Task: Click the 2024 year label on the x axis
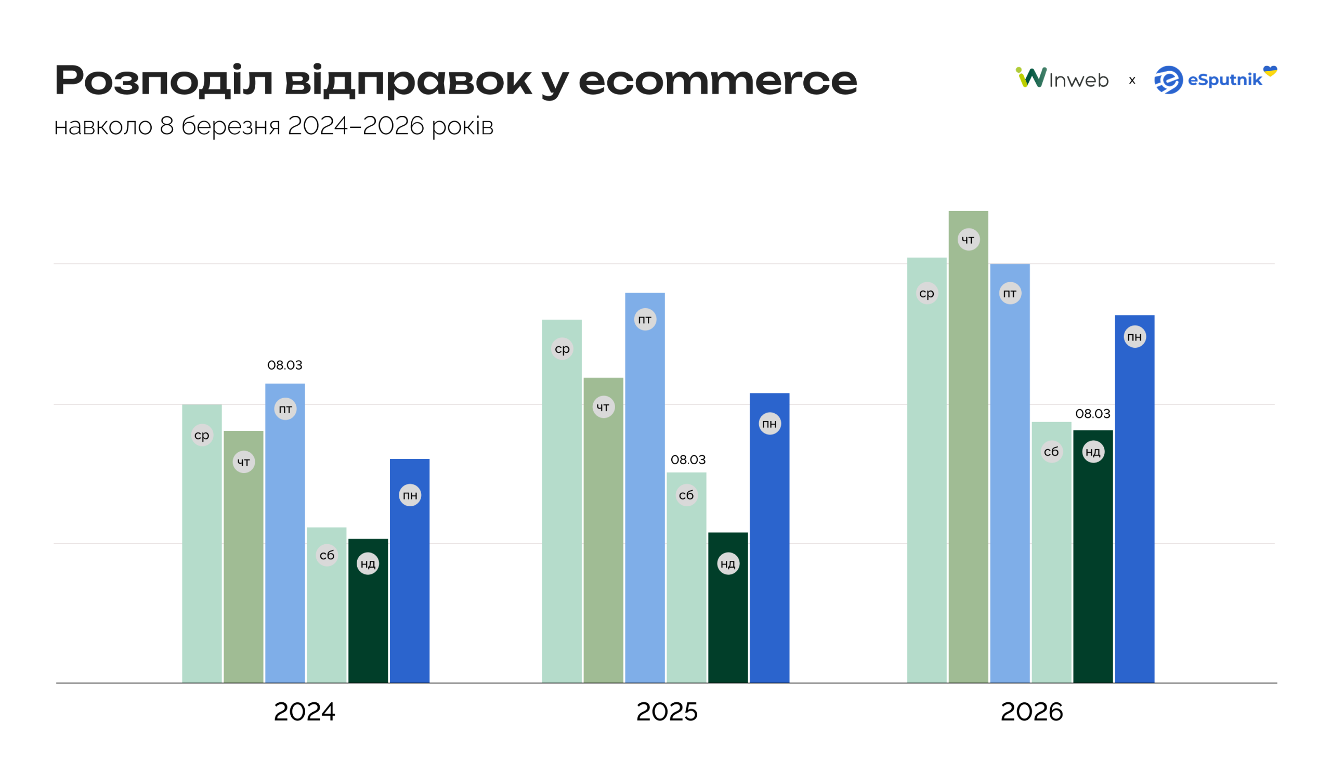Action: pos(304,712)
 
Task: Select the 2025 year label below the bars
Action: pos(667,712)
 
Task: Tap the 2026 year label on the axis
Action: pos(1031,712)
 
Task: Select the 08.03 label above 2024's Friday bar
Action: pos(285,365)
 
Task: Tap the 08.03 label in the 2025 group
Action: pos(688,460)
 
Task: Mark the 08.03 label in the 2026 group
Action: pos(1092,414)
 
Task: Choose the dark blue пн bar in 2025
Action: pos(769,549)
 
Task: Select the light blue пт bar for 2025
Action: pos(644,497)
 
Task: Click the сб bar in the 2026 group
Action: pos(1051,565)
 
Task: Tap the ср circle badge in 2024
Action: pos(202,436)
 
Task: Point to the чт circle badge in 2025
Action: pos(603,407)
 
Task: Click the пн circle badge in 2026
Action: pos(1134,337)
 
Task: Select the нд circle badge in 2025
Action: pos(727,563)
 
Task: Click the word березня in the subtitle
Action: pos(230,126)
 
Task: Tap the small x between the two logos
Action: pos(1131,81)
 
